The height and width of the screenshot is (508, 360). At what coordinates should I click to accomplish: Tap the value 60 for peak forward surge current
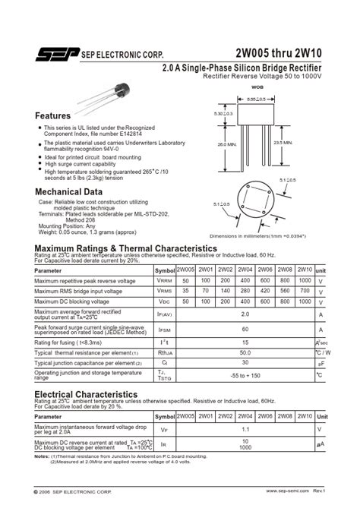245,330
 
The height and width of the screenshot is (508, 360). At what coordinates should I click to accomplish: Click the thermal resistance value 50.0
245,353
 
